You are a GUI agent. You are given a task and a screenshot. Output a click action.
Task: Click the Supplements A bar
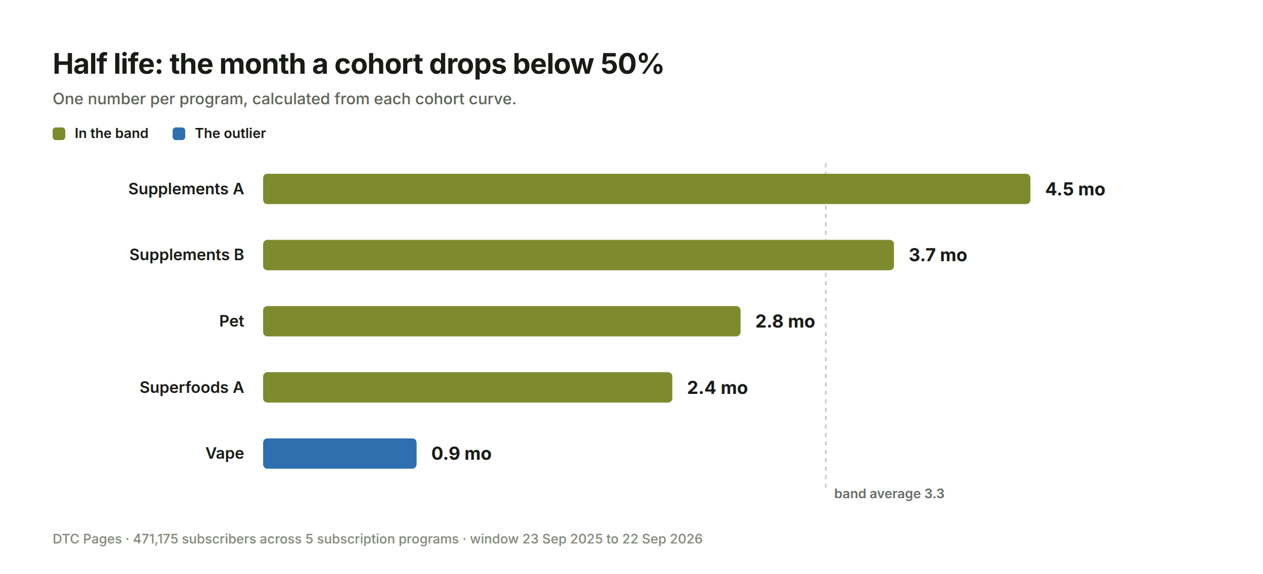[x=646, y=189]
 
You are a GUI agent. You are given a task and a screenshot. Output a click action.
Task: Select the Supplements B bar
[x=578, y=255]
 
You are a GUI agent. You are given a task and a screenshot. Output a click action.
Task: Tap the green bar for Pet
[x=502, y=321]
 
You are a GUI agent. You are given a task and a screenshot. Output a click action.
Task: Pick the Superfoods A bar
[x=467, y=388]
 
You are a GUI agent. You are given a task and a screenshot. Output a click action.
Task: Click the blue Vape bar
[x=339, y=453]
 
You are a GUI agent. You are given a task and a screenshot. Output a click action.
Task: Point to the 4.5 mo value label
[x=1075, y=189]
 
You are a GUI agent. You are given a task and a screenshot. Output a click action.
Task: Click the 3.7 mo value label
[x=938, y=255]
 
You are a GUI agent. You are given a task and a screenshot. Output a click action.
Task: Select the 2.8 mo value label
[x=785, y=321]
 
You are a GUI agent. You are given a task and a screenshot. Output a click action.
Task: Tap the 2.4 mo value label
[x=717, y=388]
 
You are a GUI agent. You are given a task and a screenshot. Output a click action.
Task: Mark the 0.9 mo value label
[x=462, y=453]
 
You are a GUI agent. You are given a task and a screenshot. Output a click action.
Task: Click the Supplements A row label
[x=186, y=189]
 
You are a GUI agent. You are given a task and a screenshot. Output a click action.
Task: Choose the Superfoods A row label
[x=192, y=388]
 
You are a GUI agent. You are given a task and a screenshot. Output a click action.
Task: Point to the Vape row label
[x=225, y=453]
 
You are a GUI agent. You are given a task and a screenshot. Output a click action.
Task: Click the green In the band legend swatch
[x=59, y=134]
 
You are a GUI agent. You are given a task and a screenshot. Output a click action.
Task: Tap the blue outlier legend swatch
[x=179, y=134]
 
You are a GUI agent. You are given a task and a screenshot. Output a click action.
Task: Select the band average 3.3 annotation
[x=889, y=493]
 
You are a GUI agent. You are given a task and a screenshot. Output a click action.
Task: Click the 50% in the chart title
[x=631, y=64]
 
